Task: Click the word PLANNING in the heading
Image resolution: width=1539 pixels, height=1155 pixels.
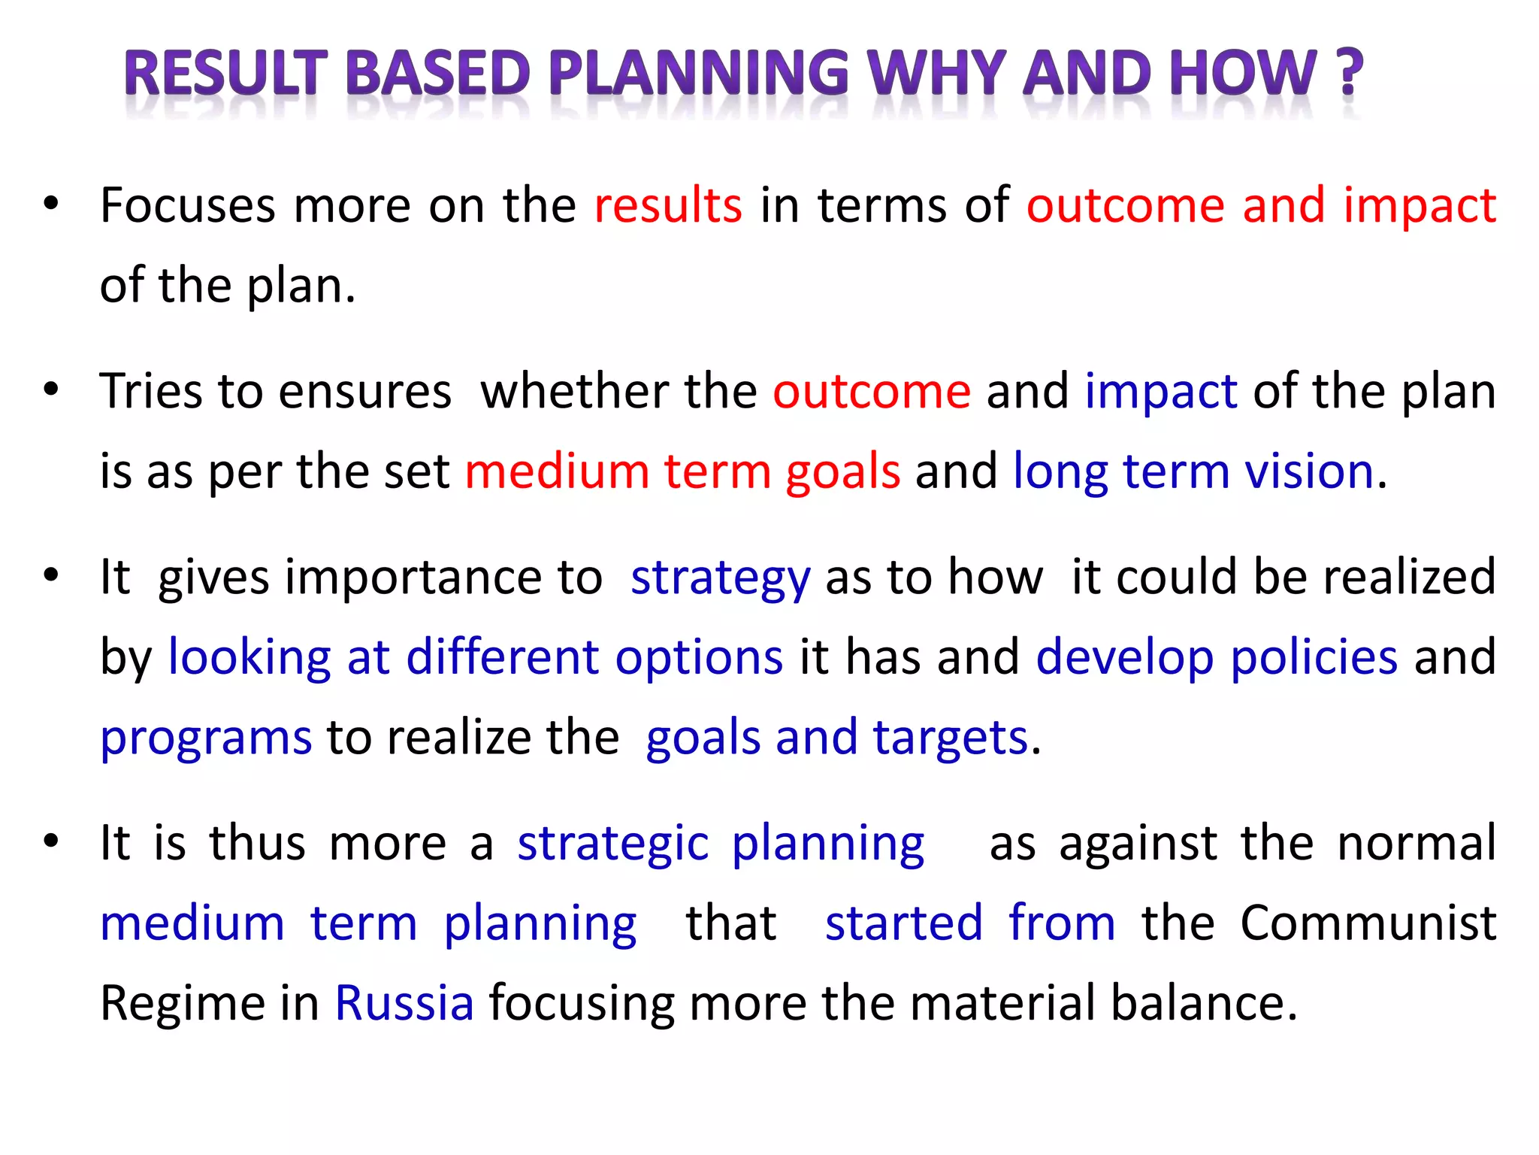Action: coord(699,74)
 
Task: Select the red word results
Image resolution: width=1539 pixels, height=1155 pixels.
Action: coord(667,205)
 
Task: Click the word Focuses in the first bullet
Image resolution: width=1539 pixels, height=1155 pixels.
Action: coord(188,205)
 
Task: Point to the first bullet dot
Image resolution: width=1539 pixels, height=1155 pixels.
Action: coord(50,204)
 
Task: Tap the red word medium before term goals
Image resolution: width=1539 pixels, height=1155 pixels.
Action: coord(557,472)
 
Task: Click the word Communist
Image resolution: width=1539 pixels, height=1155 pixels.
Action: coord(1368,923)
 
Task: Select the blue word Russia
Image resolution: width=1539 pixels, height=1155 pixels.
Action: coord(404,1003)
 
